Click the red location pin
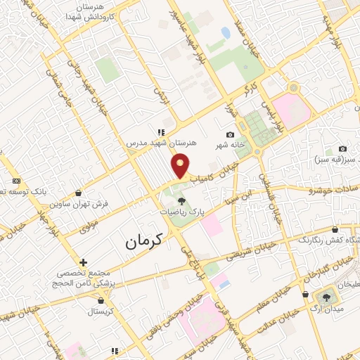[181, 165]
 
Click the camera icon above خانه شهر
[230, 135]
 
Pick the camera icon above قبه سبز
[342, 148]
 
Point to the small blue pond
[225, 32]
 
